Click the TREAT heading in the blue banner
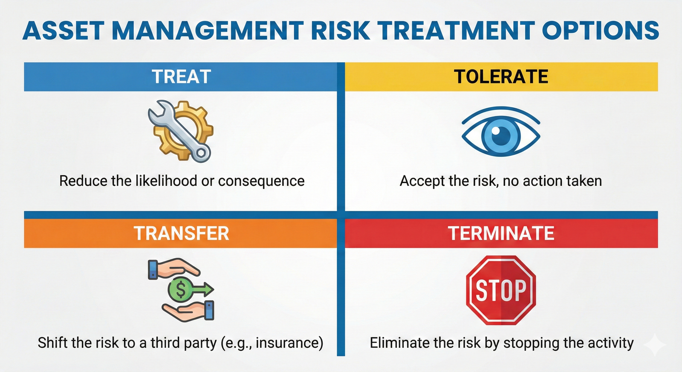pyautogui.click(x=181, y=77)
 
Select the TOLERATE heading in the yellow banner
pyautogui.click(x=501, y=77)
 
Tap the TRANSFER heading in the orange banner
pyautogui.click(x=181, y=234)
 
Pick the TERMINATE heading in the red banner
pyautogui.click(x=501, y=234)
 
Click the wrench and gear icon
pyautogui.click(x=181, y=131)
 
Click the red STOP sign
pyautogui.click(x=501, y=290)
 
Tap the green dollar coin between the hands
pyautogui.click(x=180, y=290)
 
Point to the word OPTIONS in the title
pyautogui.click(x=601, y=31)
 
